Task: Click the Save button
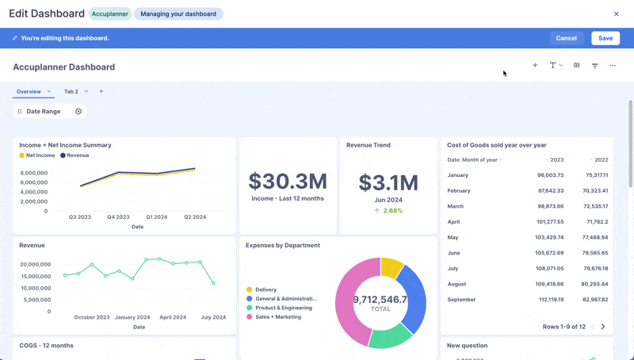pyautogui.click(x=605, y=38)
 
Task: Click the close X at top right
pyautogui.click(x=617, y=13)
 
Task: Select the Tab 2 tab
pyautogui.click(x=71, y=91)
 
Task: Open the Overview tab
pyautogui.click(x=29, y=91)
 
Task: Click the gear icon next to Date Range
pyautogui.click(x=78, y=112)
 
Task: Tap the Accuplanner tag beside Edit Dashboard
pyautogui.click(x=110, y=13)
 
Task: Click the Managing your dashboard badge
pyautogui.click(x=178, y=13)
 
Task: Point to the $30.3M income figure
pyautogui.click(x=288, y=181)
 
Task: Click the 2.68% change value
pyautogui.click(x=392, y=211)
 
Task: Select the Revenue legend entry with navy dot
pyautogui.click(x=78, y=155)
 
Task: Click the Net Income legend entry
pyautogui.click(x=40, y=155)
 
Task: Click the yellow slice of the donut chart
pyautogui.click(x=391, y=267)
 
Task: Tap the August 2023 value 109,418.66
pyautogui.click(x=549, y=284)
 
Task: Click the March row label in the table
pyautogui.click(x=456, y=206)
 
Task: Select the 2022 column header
pyautogui.click(x=601, y=159)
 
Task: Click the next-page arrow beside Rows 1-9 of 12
pyautogui.click(x=603, y=327)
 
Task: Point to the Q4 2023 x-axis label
pyautogui.click(x=118, y=216)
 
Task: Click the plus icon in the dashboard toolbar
pyautogui.click(x=535, y=66)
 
